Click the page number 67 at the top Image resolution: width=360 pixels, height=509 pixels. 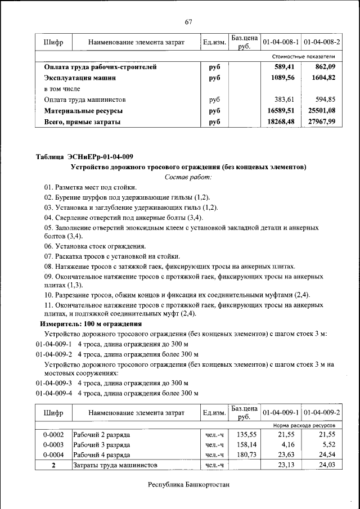tap(188, 22)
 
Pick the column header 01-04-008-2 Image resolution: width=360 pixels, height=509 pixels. tap(322, 42)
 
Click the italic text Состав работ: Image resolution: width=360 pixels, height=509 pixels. tap(188, 177)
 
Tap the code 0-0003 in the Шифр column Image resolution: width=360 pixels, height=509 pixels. tap(53, 444)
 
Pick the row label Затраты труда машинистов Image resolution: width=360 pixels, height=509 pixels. tap(115, 465)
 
